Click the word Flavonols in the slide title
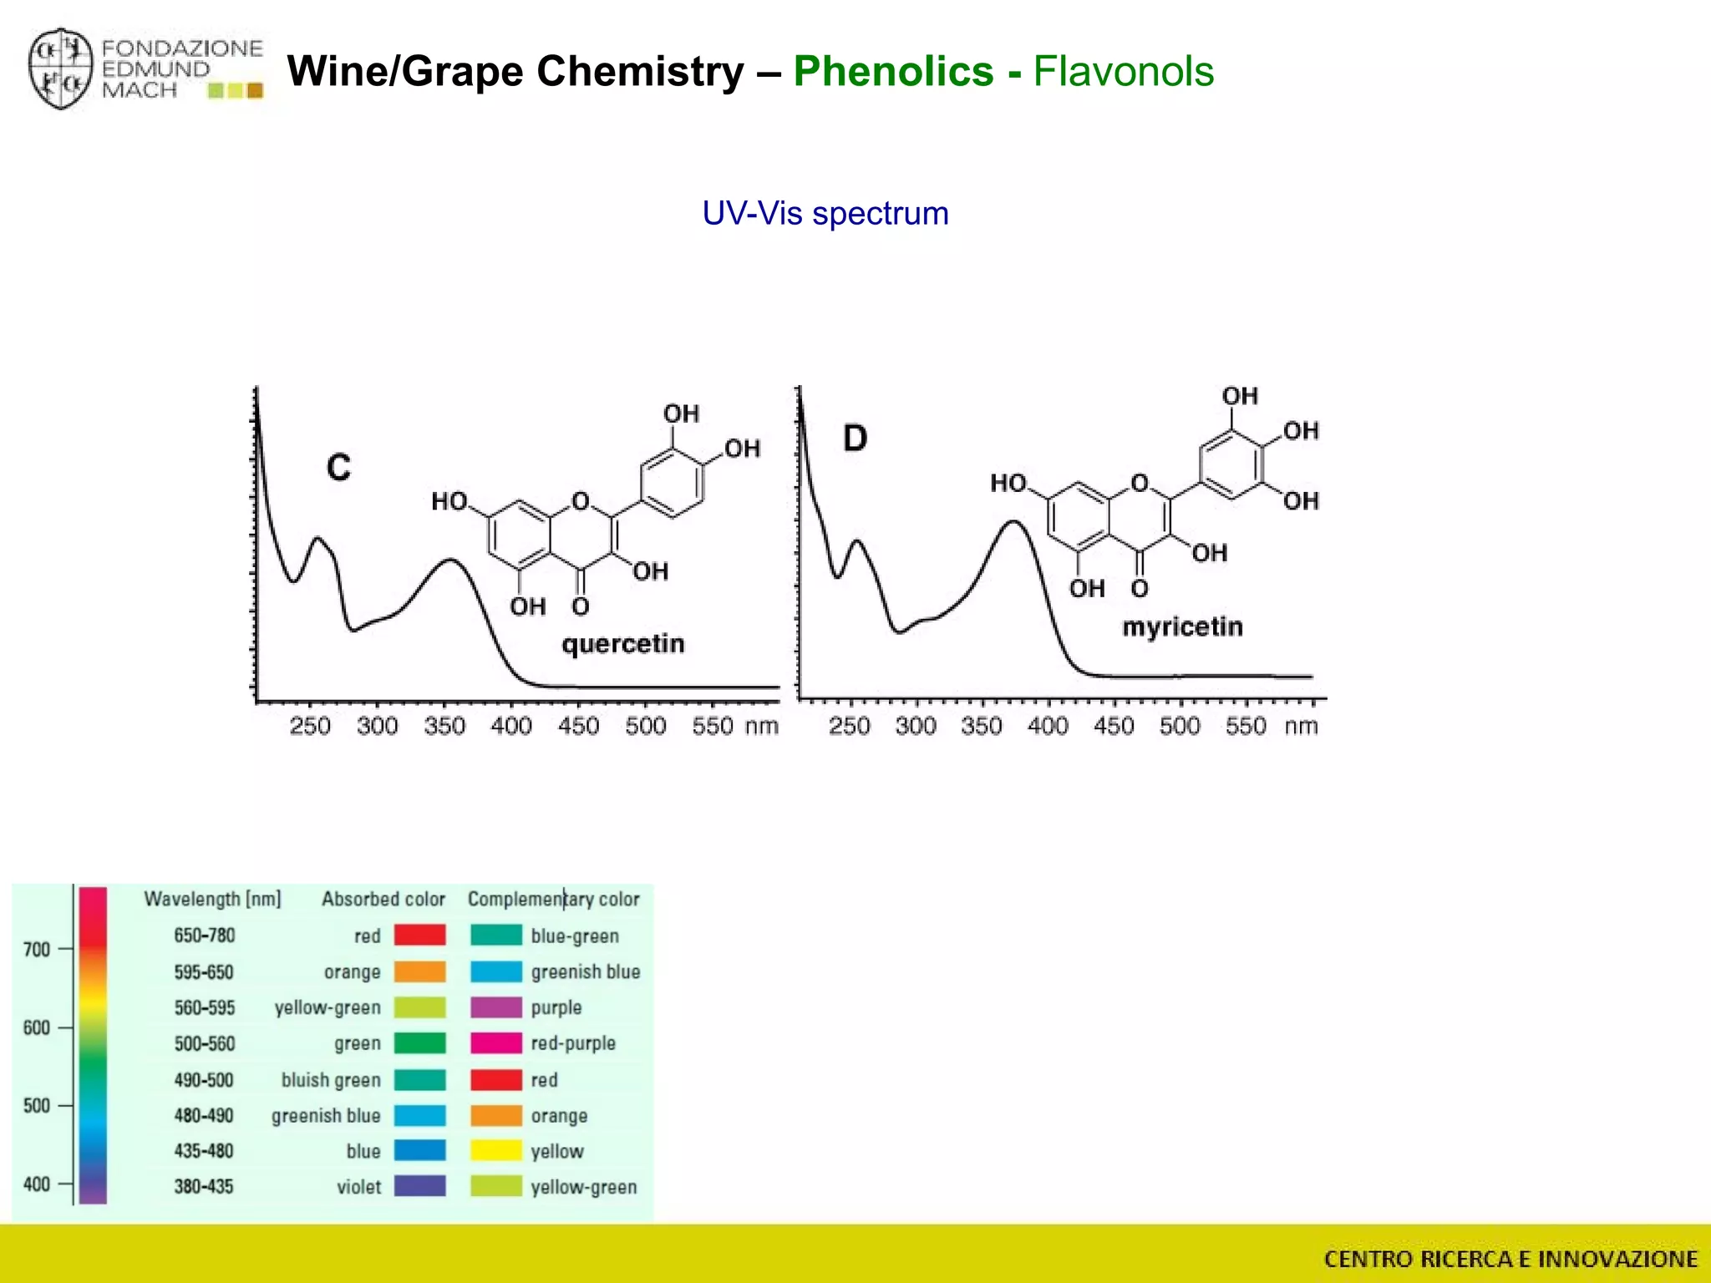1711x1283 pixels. click(1123, 71)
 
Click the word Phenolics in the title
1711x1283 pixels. click(893, 71)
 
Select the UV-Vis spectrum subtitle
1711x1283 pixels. click(825, 214)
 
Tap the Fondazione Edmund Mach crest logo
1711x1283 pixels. click(59, 69)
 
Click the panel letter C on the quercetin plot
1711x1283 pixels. click(338, 468)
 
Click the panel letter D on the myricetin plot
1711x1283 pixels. click(855, 438)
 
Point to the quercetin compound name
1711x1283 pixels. click(622, 644)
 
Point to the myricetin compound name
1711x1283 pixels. click(1182, 626)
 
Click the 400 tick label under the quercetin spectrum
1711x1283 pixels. click(511, 726)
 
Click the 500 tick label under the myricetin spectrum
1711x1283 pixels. click(1180, 726)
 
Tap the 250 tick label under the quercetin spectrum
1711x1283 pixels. click(310, 726)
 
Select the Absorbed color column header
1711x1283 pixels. click(383, 899)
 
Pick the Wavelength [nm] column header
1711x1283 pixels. click(212, 899)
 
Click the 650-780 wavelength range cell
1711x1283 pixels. click(205, 936)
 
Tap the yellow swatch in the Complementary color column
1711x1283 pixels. click(495, 1150)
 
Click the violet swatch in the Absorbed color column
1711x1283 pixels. click(419, 1186)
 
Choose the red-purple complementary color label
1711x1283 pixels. click(573, 1043)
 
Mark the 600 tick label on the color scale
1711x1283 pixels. click(37, 1027)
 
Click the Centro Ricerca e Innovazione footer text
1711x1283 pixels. click(1510, 1259)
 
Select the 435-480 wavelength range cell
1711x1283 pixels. click(204, 1150)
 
